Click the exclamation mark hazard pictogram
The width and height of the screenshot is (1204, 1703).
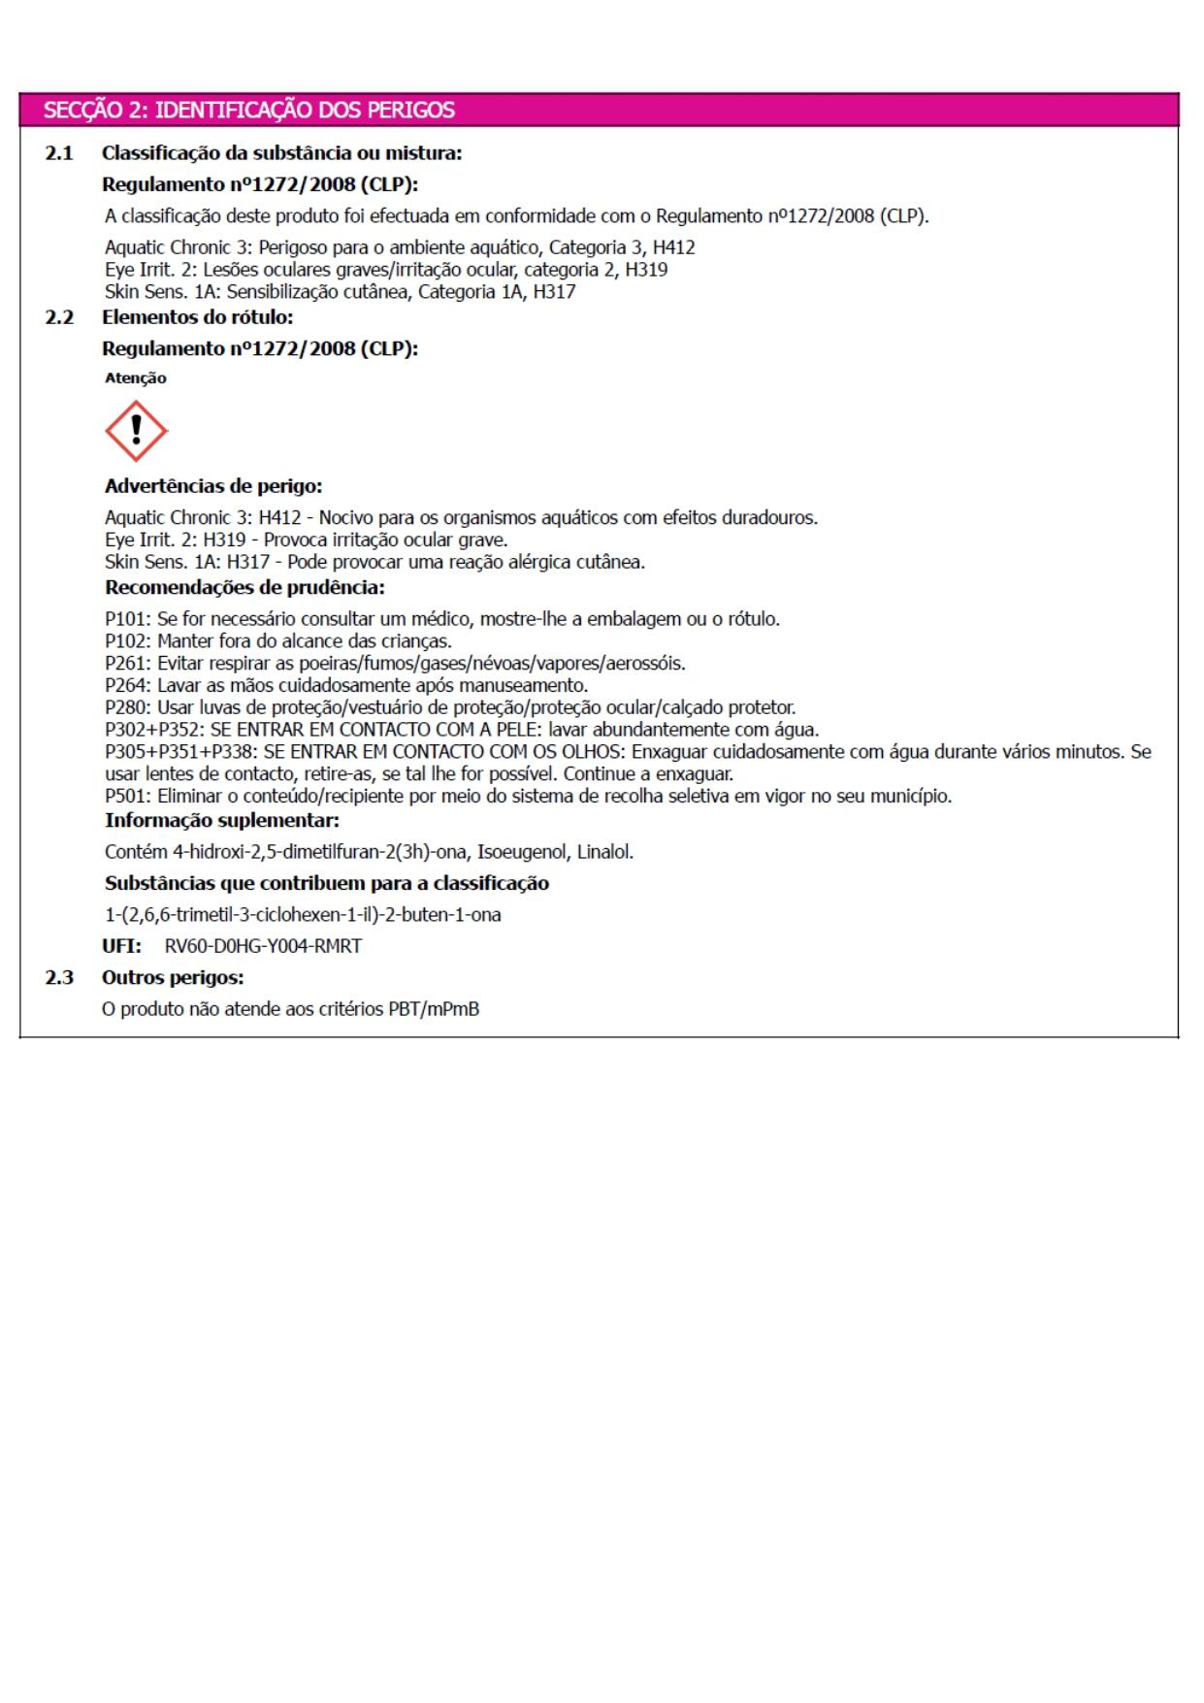[x=136, y=431]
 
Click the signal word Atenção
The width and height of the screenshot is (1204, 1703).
[x=135, y=378]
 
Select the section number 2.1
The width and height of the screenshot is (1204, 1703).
[x=58, y=152]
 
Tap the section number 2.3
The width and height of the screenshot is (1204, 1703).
[x=58, y=977]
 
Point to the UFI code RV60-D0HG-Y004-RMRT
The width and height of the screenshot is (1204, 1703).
[x=263, y=946]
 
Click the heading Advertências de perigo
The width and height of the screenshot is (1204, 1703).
[x=213, y=486]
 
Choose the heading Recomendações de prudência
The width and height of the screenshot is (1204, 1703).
[x=244, y=587]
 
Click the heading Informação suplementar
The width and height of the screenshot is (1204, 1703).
[x=222, y=821]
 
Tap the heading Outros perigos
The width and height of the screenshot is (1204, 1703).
[x=173, y=977]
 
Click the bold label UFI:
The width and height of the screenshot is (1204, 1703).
[x=121, y=946]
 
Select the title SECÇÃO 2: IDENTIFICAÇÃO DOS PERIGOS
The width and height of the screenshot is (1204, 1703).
[x=248, y=110]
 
